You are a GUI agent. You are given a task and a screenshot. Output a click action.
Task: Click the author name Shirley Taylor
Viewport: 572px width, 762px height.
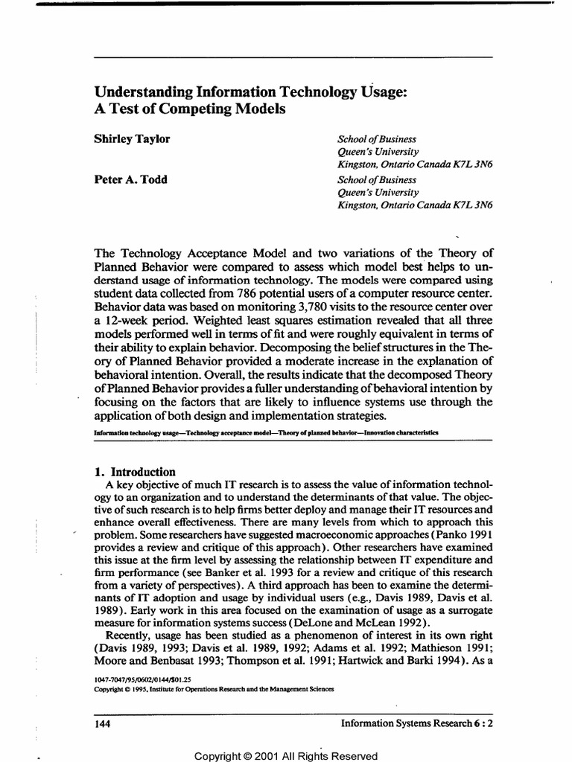(132, 139)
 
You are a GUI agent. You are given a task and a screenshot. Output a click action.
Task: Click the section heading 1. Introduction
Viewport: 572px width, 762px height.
(136, 472)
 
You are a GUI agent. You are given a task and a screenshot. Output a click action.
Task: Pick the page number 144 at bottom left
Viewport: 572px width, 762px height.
(104, 723)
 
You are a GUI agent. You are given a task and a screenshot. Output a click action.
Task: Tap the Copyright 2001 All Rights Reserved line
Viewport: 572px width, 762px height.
(286, 756)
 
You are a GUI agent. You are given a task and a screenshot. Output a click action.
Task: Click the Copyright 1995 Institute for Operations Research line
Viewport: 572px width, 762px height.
(214, 689)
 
